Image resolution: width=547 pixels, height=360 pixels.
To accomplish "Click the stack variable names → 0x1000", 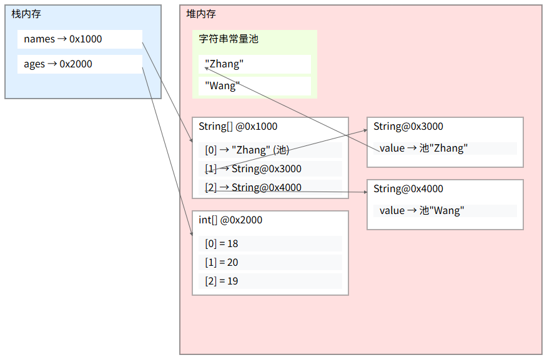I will (63, 39).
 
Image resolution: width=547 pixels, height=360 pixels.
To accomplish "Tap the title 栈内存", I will (26, 14).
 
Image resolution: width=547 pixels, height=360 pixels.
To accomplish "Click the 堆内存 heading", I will (201, 14).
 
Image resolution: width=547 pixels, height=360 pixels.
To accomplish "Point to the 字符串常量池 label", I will (229, 39).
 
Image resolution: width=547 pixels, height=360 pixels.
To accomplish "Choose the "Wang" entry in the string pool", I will (222, 86).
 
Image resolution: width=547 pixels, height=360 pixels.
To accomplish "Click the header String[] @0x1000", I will (238, 126).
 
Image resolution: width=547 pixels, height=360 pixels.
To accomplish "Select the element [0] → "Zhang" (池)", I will (247, 150).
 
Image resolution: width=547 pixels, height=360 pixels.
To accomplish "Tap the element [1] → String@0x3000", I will (253, 168).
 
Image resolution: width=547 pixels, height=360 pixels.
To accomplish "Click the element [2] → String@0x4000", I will (253, 187).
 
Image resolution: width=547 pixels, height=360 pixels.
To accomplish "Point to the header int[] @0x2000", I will (230, 220).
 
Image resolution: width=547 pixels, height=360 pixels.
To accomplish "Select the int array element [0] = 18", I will (222, 243).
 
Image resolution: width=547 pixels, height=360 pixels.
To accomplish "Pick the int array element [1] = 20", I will (222, 262).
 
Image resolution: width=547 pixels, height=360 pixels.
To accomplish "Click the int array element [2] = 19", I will (222, 281).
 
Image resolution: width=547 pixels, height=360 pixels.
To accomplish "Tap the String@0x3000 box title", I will (408, 126).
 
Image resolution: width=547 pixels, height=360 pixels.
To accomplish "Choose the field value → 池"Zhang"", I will (423, 148).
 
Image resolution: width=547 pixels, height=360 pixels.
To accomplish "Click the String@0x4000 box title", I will (408, 188).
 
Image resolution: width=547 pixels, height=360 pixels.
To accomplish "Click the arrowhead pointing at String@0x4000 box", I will (365, 193).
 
